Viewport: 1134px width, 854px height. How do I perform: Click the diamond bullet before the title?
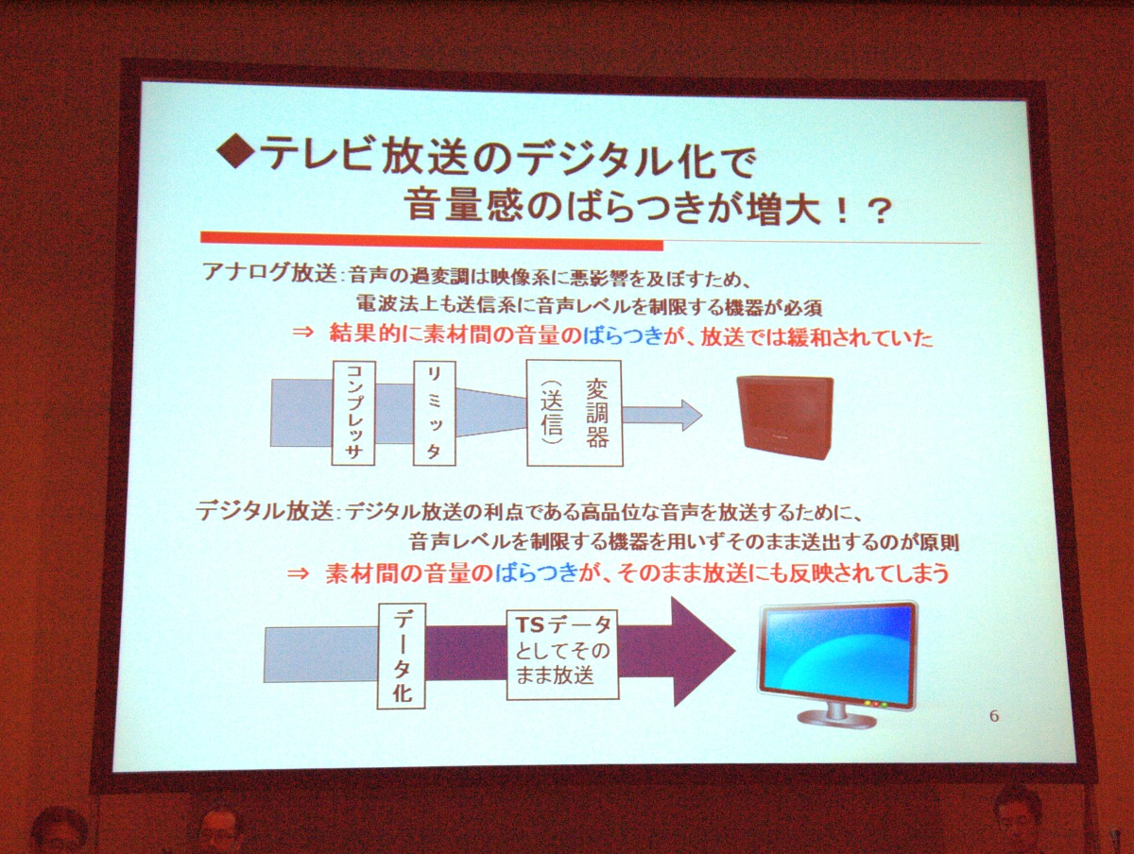[237, 150]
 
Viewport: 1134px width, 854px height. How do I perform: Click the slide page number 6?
[993, 716]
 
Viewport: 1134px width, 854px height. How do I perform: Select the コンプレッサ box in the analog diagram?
[353, 413]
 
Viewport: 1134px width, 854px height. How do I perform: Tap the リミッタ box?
[435, 413]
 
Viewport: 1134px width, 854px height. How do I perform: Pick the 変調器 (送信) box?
[575, 413]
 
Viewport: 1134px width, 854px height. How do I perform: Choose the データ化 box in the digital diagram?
[402, 656]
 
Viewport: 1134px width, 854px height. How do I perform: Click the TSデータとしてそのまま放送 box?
[562, 655]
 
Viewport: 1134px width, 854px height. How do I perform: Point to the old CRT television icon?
[784, 417]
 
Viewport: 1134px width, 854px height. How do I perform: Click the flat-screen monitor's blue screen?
[837, 655]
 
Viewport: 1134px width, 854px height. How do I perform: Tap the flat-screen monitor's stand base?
[837, 718]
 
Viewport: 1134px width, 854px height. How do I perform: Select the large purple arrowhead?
[704, 652]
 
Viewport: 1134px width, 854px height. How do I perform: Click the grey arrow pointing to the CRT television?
[662, 415]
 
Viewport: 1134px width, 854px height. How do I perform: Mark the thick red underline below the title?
[432, 241]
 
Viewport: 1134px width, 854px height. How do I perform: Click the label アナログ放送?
[269, 272]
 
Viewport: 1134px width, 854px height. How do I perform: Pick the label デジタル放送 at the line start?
[265, 511]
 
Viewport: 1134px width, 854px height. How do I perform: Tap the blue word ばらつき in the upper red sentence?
[622, 336]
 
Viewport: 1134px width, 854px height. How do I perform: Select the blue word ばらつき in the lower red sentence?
[535, 573]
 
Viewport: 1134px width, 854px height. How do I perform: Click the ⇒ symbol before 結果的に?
[302, 332]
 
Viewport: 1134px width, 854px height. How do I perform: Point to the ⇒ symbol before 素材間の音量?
[298, 573]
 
